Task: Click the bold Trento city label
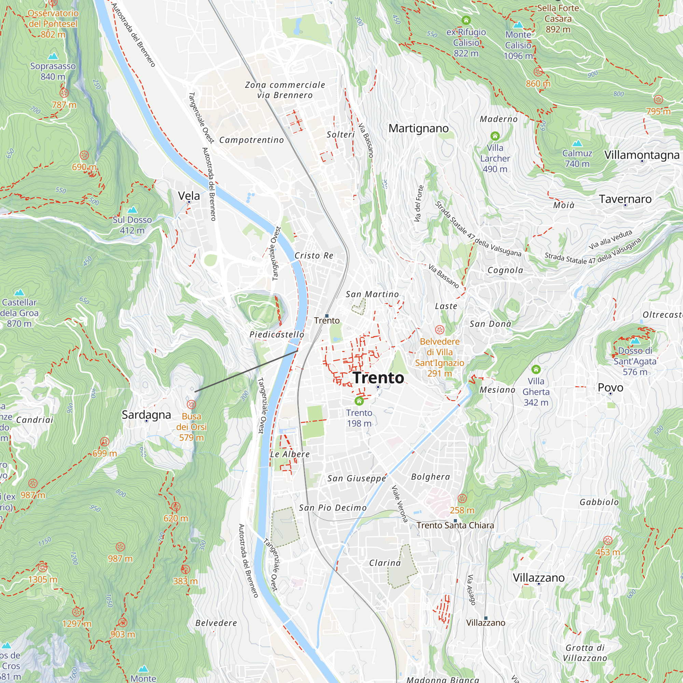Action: (x=378, y=378)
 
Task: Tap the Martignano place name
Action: (x=419, y=128)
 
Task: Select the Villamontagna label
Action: (x=642, y=155)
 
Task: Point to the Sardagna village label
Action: (x=147, y=414)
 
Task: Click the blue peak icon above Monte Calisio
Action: (x=518, y=25)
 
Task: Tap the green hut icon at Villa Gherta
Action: (x=536, y=370)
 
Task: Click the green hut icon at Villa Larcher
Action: (x=495, y=136)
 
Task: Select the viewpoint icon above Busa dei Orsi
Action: (x=191, y=404)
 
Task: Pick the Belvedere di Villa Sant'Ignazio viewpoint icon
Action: (x=440, y=330)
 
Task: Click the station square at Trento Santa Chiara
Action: (x=455, y=521)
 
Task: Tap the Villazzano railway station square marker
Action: (x=486, y=618)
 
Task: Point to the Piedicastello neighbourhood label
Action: (x=277, y=334)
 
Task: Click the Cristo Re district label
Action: (x=314, y=255)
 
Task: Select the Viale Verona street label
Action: (x=400, y=503)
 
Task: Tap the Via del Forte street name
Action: (x=419, y=204)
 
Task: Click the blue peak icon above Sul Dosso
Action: (x=132, y=210)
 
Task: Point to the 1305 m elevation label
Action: (x=43, y=580)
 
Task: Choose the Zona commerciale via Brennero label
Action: (x=285, y=90)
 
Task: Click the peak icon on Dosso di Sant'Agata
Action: (x=635, y=341)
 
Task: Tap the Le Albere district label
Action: (x=290, y=454)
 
